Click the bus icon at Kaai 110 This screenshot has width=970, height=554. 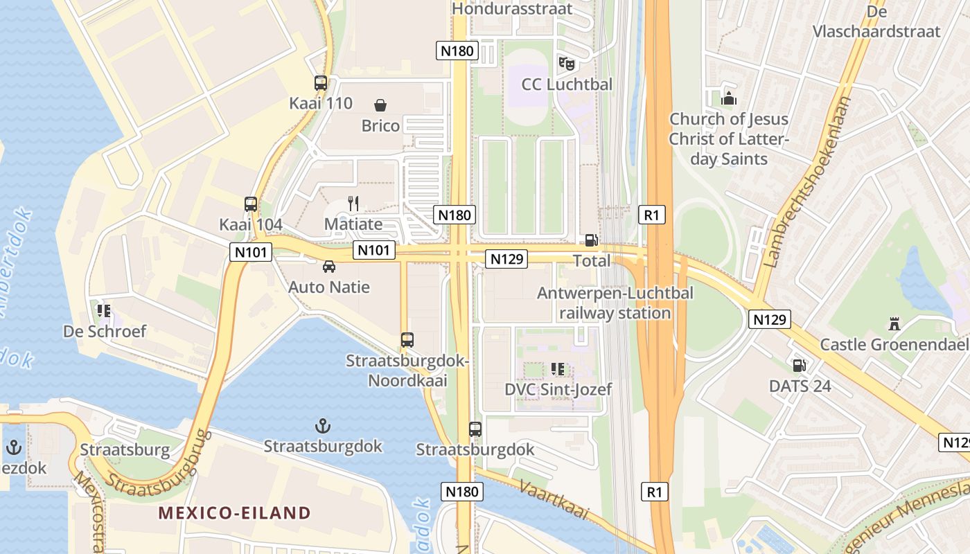click(320, 83)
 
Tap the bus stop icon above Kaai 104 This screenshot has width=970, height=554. click(251, 204)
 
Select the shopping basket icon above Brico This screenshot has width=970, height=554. click(380, 105)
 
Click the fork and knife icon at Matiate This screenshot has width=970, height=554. click(353, 203)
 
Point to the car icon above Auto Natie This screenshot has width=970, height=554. click(329, 267)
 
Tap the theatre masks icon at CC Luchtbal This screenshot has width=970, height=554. click(567, 64)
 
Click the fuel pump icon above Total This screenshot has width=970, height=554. click(591, 240)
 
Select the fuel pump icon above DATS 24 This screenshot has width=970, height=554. click(799, 365)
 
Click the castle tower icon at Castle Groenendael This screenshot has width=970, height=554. click(894, 323)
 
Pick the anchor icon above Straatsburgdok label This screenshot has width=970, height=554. click(322, 425)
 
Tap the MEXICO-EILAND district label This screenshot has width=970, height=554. click(234, 513)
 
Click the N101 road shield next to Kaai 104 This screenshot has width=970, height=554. click(250, 252)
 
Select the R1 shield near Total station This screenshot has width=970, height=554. click(651, 215)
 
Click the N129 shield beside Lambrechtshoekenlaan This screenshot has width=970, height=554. click(770, 319)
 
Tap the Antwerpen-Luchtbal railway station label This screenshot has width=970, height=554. click(615, 303)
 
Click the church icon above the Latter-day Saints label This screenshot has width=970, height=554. click(728, 98)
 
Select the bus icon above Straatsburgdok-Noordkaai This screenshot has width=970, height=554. click(407, 340)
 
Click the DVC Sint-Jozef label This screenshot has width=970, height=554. click(558, 389)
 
